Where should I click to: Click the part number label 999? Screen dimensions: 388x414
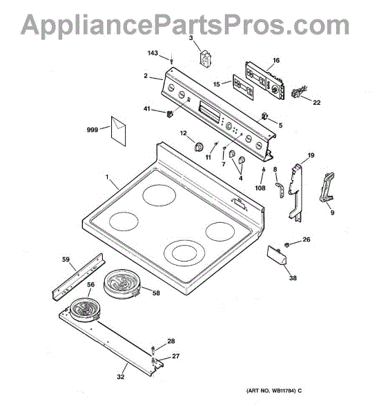[x=93, y=130]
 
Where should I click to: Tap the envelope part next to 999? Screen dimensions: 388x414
[x=118, y=131]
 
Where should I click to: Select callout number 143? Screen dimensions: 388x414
[x=153, y=53]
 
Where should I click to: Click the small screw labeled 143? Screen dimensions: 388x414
[x=172, y=61]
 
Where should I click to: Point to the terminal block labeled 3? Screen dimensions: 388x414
[x=206, y=58]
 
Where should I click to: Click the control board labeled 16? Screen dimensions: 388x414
[x=265, y=80]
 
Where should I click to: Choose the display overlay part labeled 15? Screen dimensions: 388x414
[x=243, y=87]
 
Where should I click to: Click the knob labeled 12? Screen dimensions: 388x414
[x=199, y=146]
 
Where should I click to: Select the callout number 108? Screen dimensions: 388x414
[x=260, y=188]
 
